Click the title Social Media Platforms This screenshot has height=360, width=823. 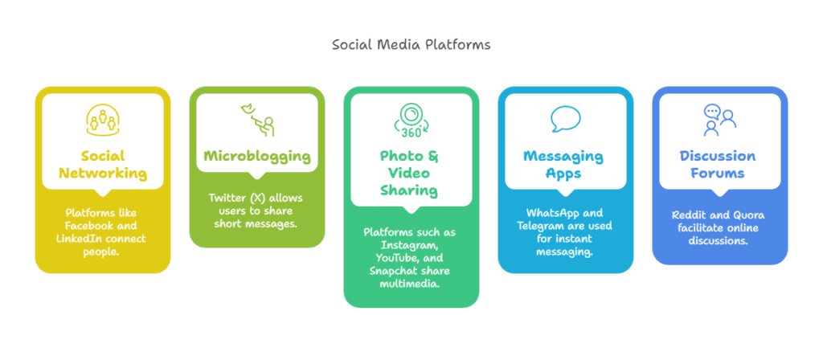point(411,45)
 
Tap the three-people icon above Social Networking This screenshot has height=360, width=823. point(102,119)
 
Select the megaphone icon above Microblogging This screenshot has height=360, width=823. point(257,120)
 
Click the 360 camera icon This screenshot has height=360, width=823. point(411,121)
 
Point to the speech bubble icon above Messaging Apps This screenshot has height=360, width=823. point(565,119)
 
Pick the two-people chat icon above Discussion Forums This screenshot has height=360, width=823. point(719,120)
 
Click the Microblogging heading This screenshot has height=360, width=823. point(257,156)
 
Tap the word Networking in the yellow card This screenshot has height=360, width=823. point(102,174)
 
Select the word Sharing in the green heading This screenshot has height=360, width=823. point(411,190)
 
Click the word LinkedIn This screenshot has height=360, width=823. point(76,239)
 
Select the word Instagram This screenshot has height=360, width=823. point(411,245)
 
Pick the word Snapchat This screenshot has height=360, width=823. point(392,271)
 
